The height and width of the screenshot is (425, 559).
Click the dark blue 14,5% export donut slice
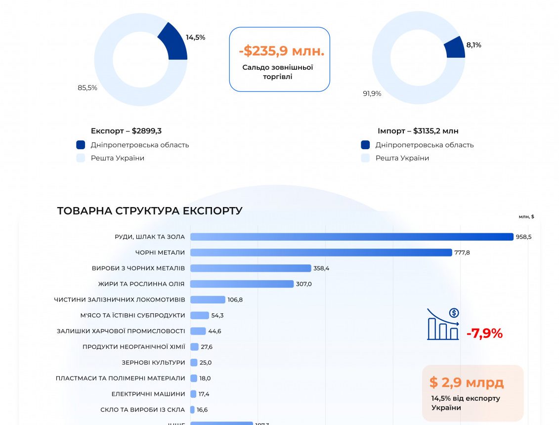click(x=174, y=44)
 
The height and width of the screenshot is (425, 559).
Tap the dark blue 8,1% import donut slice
click(x=455, y=48)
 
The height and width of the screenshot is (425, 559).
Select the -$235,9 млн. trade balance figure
click(x=281, y=51)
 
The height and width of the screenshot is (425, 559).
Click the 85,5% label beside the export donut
click(x=87, y=87)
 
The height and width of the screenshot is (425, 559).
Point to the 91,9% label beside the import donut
click(x=372, y=93)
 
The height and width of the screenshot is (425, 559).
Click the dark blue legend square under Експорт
click(x=81, y=145)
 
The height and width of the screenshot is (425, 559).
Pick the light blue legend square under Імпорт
click(x=365, y=158)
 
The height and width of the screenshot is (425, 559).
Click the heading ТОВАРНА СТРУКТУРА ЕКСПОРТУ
click(x=150, y=211)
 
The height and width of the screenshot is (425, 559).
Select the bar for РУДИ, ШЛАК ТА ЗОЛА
click(x=351, y=237)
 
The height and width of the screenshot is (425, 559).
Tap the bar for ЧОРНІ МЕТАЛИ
click(x=321, y=253)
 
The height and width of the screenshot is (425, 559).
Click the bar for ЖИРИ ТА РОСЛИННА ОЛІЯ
click(x=242, y=284)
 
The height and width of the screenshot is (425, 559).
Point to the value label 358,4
click(x=321, y=268)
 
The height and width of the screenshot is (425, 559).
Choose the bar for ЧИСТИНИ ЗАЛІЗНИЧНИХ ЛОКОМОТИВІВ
click(x=208, y=299)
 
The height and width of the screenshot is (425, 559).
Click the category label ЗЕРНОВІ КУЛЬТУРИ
click(x=153, y=362)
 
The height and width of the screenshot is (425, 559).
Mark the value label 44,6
click(x=215, y=331)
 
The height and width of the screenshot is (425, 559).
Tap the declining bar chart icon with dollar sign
click(x=443, y=324)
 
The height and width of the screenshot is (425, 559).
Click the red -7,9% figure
click(x=484, y=334)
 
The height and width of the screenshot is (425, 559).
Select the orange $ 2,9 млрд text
click(x=466, y=382)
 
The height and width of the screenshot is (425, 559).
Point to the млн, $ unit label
click(x=526, y=216)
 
